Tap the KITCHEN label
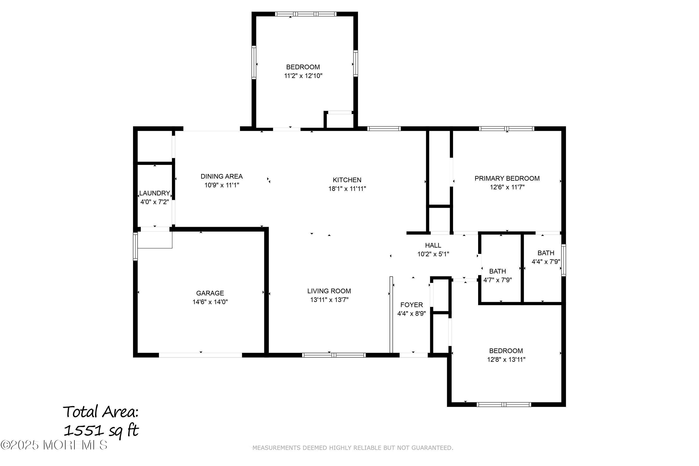[347, 180]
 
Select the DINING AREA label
[222, 177]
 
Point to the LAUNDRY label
[155, 193]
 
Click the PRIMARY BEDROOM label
[507, 179]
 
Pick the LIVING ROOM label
[329, 291]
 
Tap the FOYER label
[412, 305]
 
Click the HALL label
[433, 245]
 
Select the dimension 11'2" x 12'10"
[303, 76]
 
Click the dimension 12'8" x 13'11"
[506, 360]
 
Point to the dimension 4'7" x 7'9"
[498, 280]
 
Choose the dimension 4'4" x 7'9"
[546, 262]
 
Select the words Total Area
[101, 412]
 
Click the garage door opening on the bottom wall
[201, 355]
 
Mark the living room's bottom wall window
[334, 355]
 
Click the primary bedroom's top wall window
[507, 129]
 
